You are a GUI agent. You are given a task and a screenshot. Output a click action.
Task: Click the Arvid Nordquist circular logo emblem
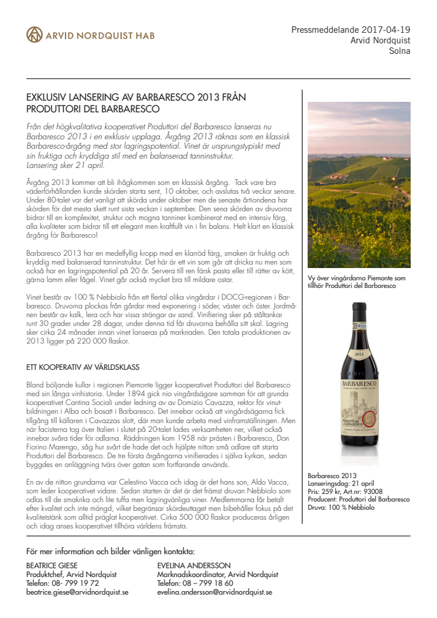(35, 35)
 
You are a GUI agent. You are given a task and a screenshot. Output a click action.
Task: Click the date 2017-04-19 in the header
(387, 29)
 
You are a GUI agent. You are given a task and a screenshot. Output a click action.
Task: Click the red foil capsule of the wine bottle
(358, 319)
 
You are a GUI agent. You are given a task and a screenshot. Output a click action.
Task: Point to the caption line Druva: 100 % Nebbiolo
(341, 507)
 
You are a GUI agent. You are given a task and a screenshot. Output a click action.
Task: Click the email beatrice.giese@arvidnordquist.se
(78, 592)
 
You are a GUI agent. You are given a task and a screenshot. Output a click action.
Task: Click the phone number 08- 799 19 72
(76, 583)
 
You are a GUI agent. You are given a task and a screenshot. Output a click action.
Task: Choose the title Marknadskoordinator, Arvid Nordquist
(218, 575)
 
